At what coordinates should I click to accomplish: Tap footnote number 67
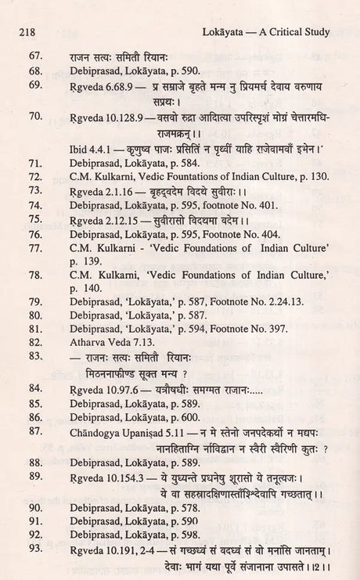(34, 56)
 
